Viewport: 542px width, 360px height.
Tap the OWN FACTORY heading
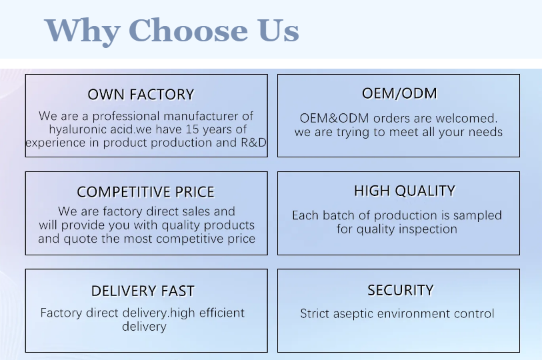coord(141,95)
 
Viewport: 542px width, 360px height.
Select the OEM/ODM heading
coord(399,93)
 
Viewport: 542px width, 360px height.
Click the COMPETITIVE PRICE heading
coord(145,192)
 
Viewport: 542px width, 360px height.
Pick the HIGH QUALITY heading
coord(405,191)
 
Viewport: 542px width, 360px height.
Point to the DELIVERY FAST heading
coord(143,291)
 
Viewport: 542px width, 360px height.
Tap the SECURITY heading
coord(400,290)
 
